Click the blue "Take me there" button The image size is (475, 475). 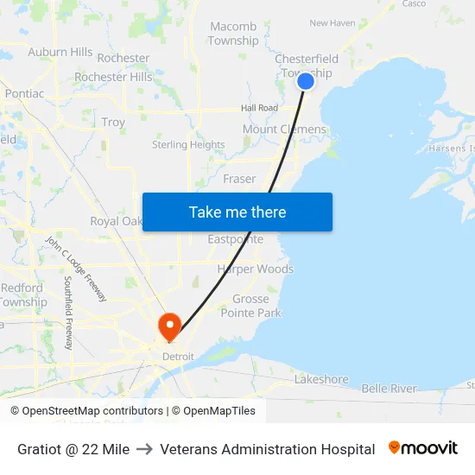[x=237, y=212]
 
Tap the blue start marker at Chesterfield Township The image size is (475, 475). [x=306, y=81]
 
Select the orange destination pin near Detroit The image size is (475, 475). [x=168, y=326]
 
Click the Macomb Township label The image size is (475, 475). [x=233, y=34]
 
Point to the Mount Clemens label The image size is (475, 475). [x=284, y=130]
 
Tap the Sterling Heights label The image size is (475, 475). [x=188, y=145]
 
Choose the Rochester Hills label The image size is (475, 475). [x=113, y=77]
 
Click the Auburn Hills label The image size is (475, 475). [x=60, y=52]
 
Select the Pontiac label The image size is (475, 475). [x=24, y=93]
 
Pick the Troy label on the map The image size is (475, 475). [x=113, y=123]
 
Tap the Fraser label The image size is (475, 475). [x=239, y=179]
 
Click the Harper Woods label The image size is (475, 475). [x=255, y=269]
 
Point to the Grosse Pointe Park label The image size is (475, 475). [x=250, y=306]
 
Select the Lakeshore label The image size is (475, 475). [x=321, y=379]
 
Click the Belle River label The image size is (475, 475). [x=389, y=389]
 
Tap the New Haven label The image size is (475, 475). [x=332, y=23]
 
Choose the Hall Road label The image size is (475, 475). [x=259, y=108]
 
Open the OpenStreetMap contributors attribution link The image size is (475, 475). [x=89, y=411]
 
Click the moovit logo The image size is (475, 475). [x=423, y=448]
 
